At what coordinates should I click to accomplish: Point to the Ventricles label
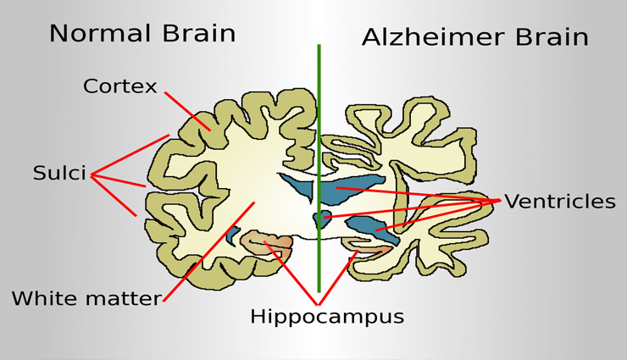[x=559, y=202]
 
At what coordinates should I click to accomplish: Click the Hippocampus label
[x=326, y=317]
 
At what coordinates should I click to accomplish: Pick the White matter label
[x=86, y=298]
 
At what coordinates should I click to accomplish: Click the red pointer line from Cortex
[x=187, y=110]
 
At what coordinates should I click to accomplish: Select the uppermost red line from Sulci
[x=131, y=155]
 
